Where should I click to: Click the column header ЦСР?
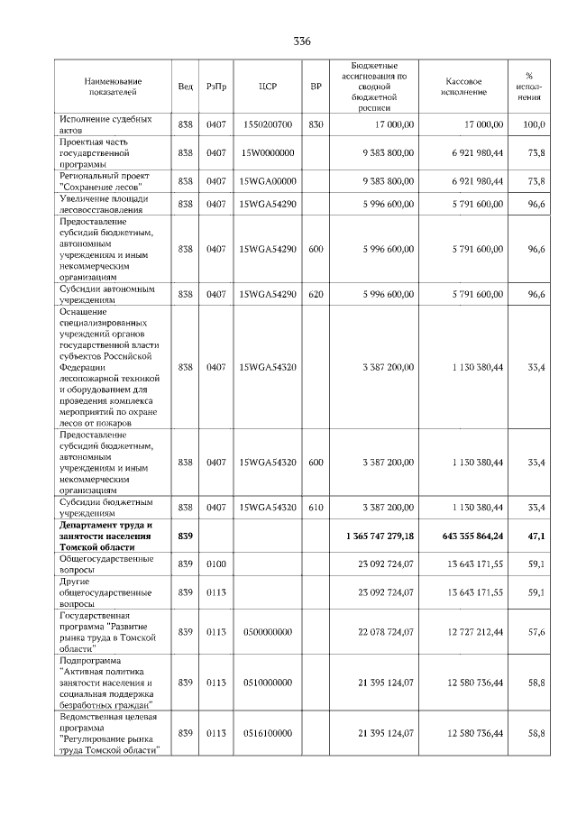click(x=267, y=87)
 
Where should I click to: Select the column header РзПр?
click(x=216, y=87)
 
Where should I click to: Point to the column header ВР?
click(x=316, y=87)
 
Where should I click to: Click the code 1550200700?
click(x=267, y=124)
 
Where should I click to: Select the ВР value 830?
click(x=316, y=124)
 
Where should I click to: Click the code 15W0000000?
click(x=267, y=153)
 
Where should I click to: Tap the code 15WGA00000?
click(x=267, y=181)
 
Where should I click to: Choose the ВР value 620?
click(x=316, y=294)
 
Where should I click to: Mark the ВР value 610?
click(x=316, y=508)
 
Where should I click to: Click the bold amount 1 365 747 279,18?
click(x=379, y=536)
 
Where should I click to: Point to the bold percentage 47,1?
click(x=536, y=536)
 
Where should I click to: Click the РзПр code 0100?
click(x=216, y=564)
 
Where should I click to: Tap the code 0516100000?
click(x=267, y=734)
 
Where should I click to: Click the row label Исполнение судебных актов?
click(x=105, y=124)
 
